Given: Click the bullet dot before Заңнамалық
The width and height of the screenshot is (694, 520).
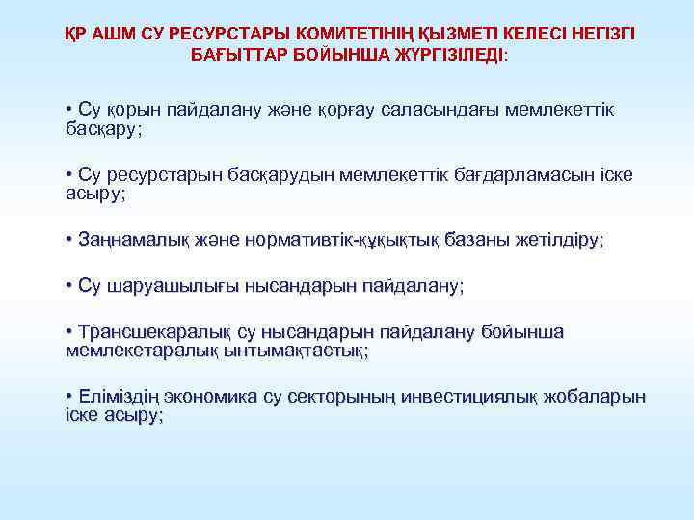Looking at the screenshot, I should pyautogui.click(x=69, y=239).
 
